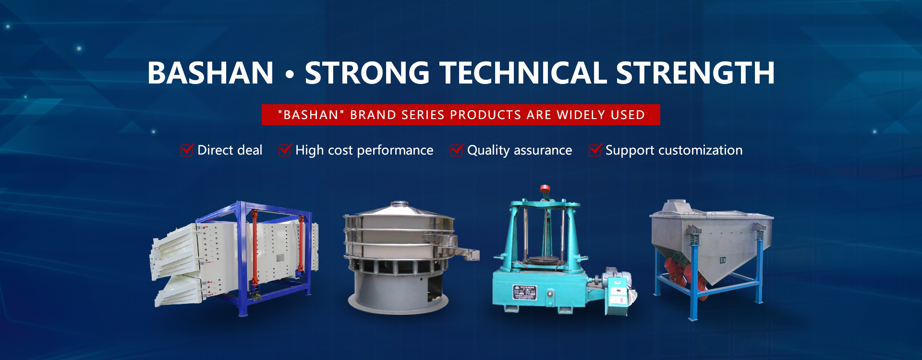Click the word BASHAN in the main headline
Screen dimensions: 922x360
click(x=210, y=73)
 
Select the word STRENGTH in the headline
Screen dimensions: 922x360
click(x=695, y=73)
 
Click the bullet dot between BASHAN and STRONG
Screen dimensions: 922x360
click(x=289, y=74)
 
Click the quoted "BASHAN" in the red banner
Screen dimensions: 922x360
click(x=311, y=115)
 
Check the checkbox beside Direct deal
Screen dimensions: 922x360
click(x=187, y=150)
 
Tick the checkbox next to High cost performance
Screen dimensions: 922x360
click(x=285, y=150)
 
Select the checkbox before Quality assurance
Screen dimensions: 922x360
click(x=457, y=150)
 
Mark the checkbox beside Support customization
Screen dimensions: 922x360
click(x=595, y=150)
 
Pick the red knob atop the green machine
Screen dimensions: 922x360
click(x=545, y=189)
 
